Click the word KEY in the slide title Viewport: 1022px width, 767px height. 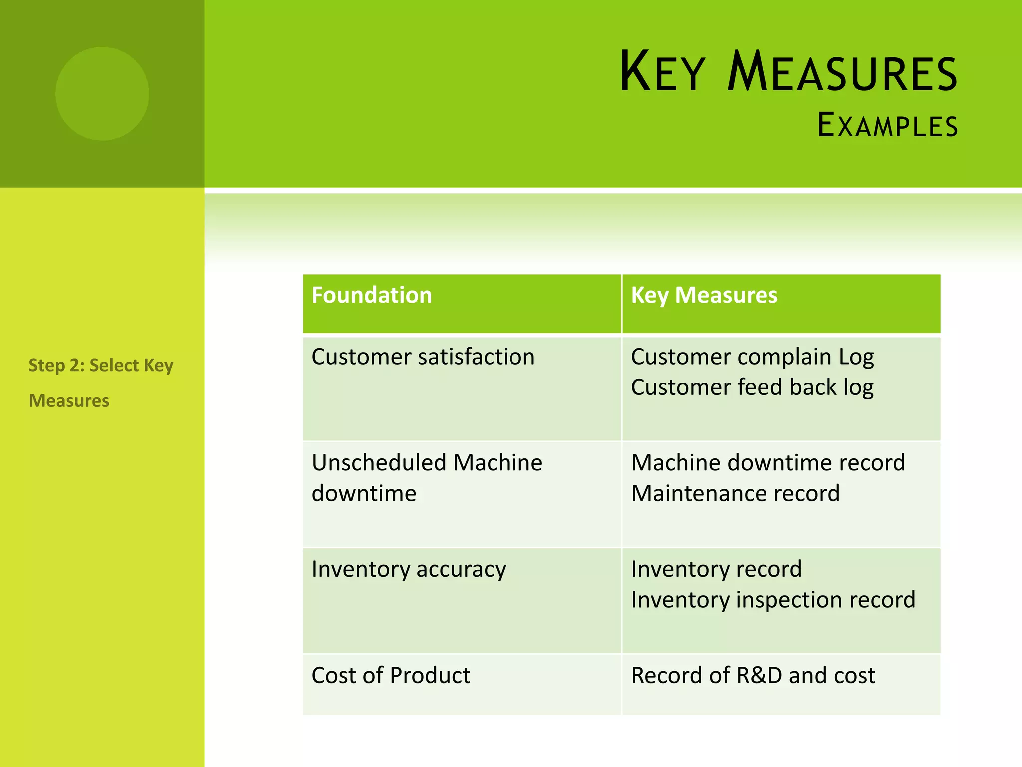[x=662, y=72]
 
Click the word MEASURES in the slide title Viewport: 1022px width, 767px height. [x=842, y=72]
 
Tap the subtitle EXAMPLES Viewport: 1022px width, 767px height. [x=887, y=125]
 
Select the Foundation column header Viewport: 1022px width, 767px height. [x=372, y=295]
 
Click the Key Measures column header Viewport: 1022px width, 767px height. [x=704, y=295]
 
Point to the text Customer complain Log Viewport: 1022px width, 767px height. [x=752, y=357]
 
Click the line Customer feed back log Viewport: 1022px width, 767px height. [x=752, y=388]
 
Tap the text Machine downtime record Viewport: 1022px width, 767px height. [x=768, y=463]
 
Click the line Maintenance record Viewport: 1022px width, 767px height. [x=735, y=494]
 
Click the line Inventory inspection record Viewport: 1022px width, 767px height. [x=773, y=600]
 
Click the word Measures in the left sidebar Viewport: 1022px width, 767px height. [x=69, y=401]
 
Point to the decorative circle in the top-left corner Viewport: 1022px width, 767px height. [x=102, y=94]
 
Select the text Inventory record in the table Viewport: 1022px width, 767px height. [x=716, y=569]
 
